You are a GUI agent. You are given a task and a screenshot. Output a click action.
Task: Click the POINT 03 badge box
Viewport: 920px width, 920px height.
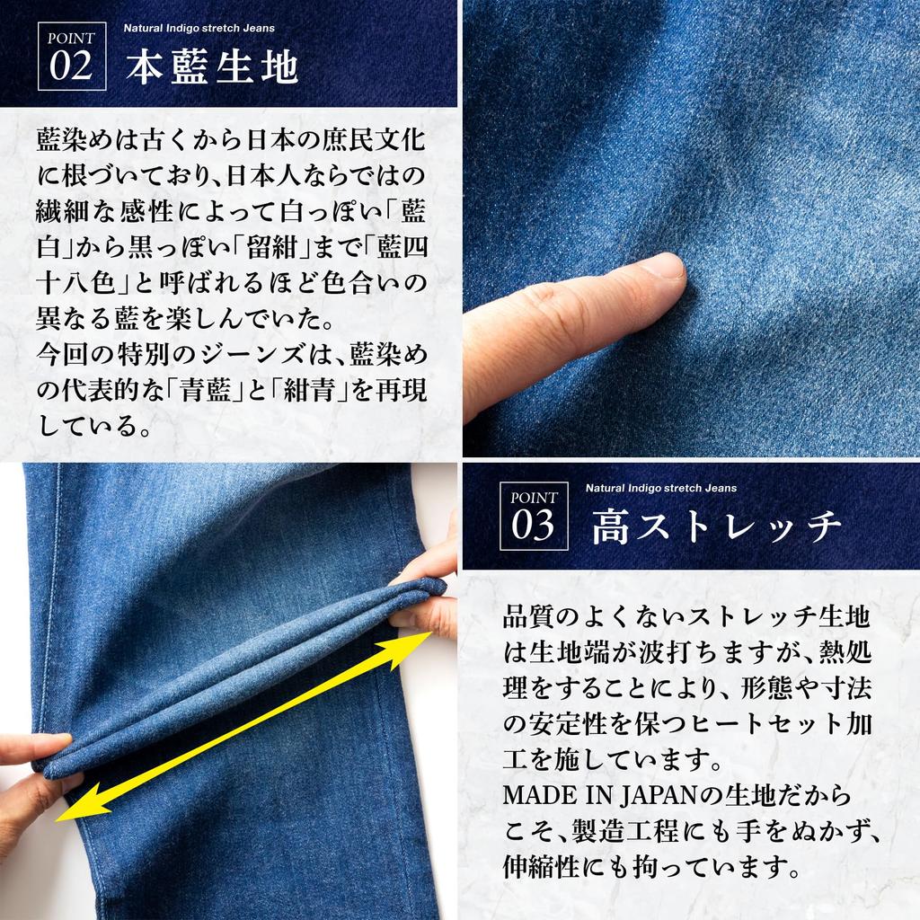coord(534,515)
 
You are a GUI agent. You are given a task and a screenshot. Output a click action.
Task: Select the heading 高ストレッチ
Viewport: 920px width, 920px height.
coord(716,527)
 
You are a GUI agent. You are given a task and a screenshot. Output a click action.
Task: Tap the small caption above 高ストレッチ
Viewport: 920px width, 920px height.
coord(660,488)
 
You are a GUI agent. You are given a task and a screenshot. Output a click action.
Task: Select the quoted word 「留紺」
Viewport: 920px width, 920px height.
coord(283,247)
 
